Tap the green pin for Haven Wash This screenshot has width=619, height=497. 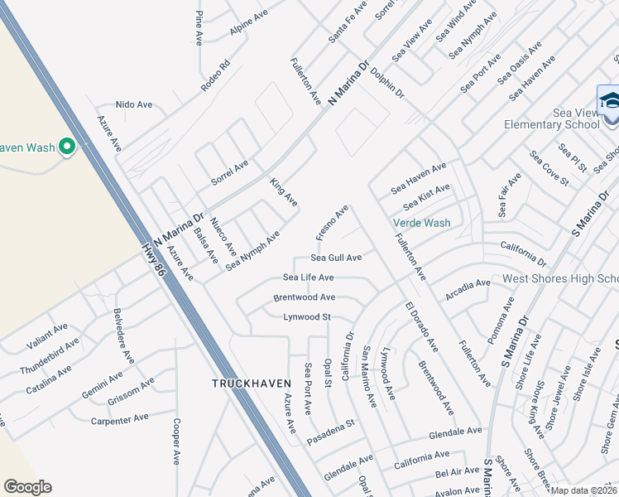coord(67,147)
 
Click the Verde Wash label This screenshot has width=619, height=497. coord(421,223)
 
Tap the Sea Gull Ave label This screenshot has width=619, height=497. coord(336,258)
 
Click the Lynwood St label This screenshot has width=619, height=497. coord(307,316)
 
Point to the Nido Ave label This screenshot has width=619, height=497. coord(134,105)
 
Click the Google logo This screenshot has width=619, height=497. coord(27,487)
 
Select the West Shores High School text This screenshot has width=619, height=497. coord(560,278)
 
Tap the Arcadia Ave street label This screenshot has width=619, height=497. coord(468,288)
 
